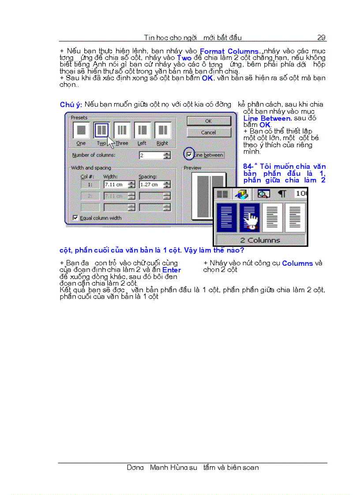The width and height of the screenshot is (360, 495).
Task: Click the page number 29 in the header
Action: [x=321, y=37]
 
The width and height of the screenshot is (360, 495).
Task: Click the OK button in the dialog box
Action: [x=208, y=121]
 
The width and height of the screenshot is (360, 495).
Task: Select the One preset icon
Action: [x=81, y=130]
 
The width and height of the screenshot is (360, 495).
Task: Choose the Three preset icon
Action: [x=122, y=130]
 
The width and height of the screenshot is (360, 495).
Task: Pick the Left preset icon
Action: [x=142, y=130]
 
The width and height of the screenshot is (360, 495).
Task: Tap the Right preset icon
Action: [x=162, y=130]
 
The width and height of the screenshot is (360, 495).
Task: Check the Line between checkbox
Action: [x=189, y=155]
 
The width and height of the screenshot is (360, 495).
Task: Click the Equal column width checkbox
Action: [x=75, y=218]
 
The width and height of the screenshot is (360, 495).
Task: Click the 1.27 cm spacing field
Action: [x=150, y=185]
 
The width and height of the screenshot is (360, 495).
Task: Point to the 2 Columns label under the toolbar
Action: [x=260, y=240]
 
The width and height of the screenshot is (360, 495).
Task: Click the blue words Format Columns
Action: [x=229, y=52]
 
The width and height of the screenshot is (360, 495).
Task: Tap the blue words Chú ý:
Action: [x=71, y=105]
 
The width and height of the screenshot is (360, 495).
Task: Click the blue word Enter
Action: [x=172, y=270]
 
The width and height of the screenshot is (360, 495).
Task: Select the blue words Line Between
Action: [x=266, y=118]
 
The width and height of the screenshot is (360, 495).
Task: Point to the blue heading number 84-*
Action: [x=250, y=167]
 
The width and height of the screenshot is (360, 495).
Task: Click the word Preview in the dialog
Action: [x=192, y=168]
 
